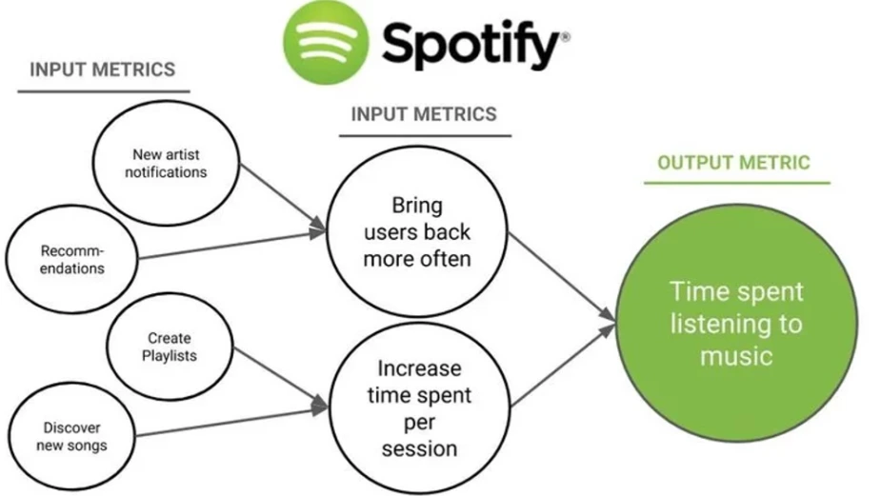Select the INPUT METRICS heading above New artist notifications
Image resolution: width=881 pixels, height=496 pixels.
coord(103,69)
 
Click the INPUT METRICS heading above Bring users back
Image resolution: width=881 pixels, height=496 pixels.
coord(424,114)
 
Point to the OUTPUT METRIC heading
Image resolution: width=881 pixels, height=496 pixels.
coord(733,162)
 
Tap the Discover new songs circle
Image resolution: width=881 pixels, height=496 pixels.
coord(71,436)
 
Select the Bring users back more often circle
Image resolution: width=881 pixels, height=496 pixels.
coord(417,231)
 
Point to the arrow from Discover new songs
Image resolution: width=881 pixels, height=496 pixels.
coord(229,421)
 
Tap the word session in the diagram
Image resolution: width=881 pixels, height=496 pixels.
coord(419,447)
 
